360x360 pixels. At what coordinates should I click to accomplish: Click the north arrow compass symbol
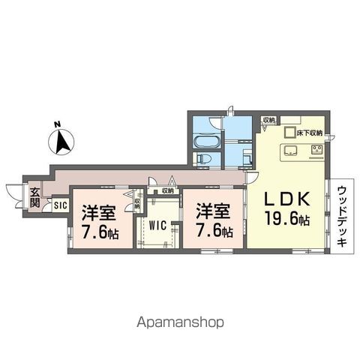[x=63, y=139]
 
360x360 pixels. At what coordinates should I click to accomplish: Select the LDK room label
[x=289, y=200]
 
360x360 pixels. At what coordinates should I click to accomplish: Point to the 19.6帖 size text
[x=289, y=219]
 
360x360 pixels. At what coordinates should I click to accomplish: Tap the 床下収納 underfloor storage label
[x=308, y=133]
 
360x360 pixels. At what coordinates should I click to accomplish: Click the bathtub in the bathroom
[x=204, y=142]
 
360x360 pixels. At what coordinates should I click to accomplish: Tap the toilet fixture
[x=203, y=158]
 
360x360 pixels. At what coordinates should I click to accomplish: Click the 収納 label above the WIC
[x=168, y=191]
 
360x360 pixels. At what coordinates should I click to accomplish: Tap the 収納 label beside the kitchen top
[x=268, y=120]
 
